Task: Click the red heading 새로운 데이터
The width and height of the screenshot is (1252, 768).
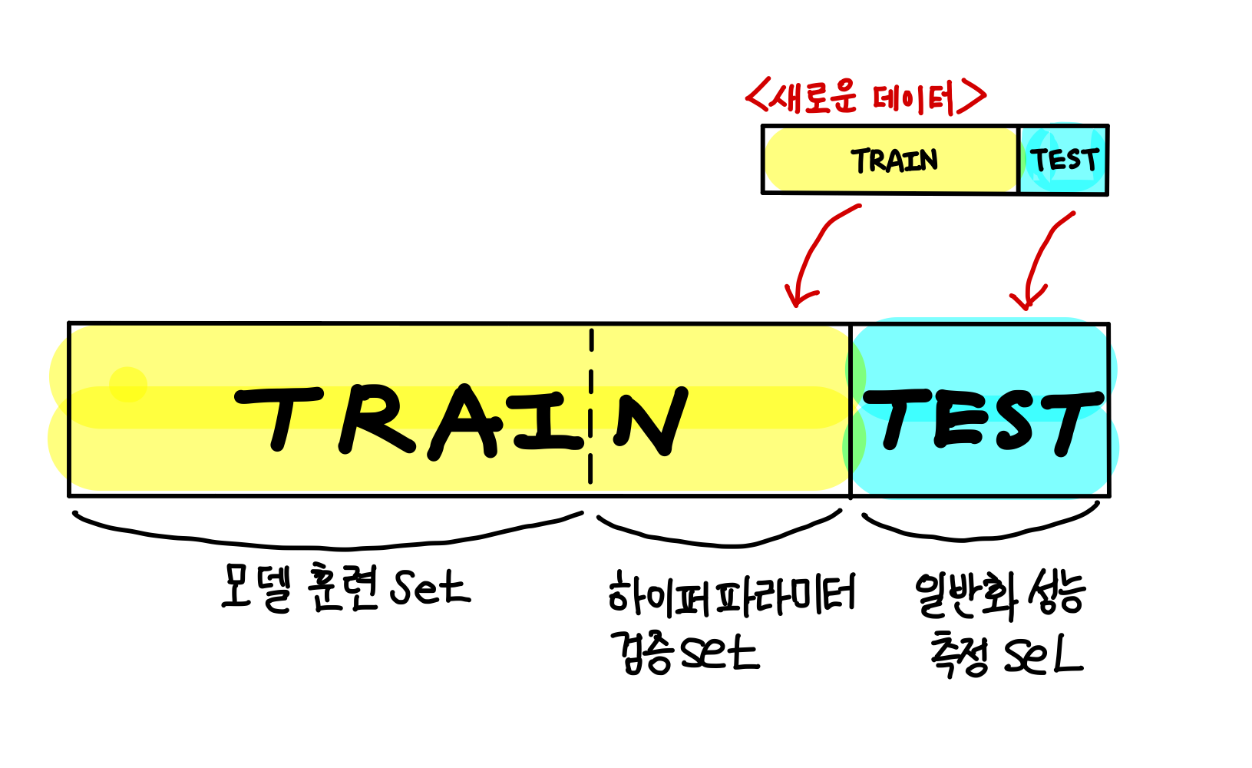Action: click(866, 98)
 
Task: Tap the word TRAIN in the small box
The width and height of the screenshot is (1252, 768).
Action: click(894, 161)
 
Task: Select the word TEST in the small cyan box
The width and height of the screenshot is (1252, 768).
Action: click(1065, 160)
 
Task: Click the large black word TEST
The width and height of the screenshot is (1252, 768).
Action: click(983, 420)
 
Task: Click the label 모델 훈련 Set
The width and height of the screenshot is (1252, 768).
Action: click(345, 588)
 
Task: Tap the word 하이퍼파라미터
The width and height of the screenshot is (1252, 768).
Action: click(731, 596)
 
